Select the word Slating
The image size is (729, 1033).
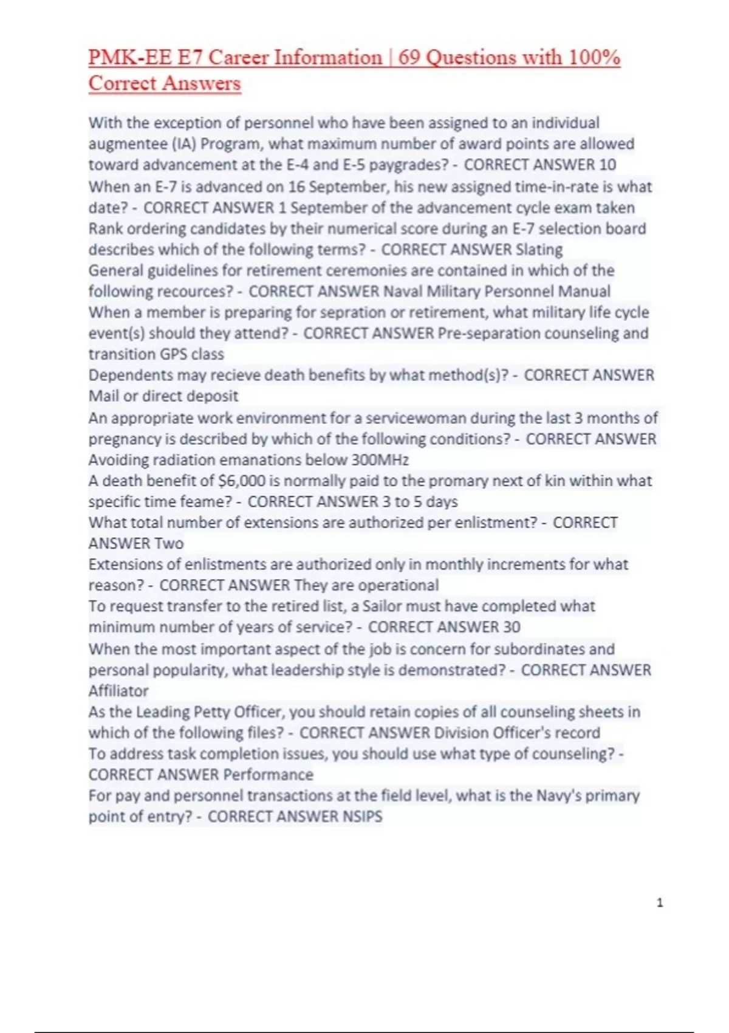click(x=539, y=250)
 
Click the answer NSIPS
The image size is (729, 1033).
click(x=363, y=817)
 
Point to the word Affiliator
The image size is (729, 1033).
click(x=118, y=691)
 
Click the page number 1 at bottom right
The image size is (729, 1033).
click(x=660, y=903)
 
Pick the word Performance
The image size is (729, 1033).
click(x=269, y=775)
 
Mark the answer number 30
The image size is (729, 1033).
click(x=512, y=627)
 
